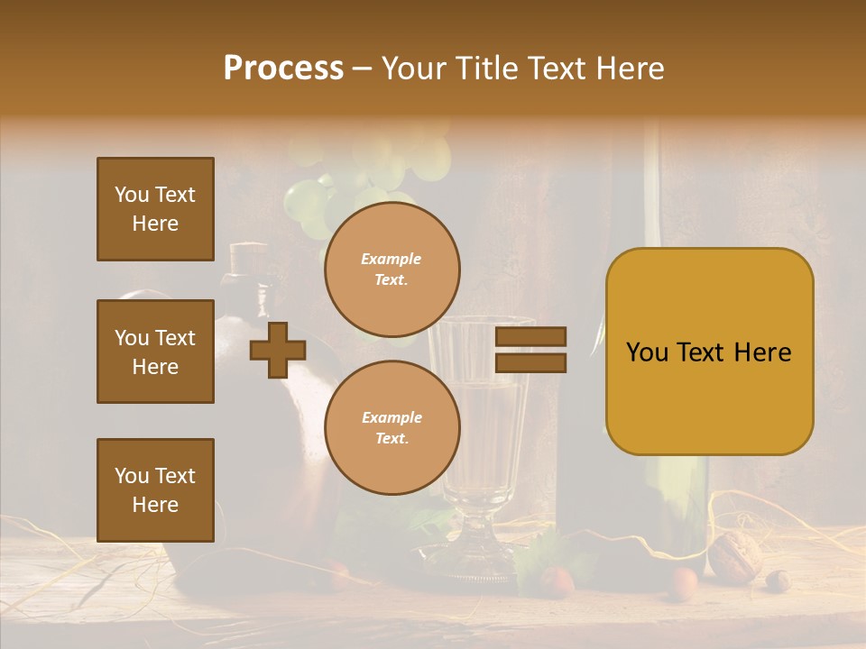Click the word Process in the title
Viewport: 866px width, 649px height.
(283, 69)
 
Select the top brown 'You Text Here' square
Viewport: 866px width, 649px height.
(155, 209)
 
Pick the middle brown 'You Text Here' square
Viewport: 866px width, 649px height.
(155, 352)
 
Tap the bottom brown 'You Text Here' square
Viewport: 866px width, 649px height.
(155, 490)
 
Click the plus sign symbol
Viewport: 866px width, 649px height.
(278, 350)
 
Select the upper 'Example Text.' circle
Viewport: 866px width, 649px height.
(392, 270)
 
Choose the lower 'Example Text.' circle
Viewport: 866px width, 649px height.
(392, 428)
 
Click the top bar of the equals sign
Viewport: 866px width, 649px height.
(531, 337)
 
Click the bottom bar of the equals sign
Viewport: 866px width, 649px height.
(531, 362)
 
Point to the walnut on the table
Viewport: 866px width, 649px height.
(734, 553)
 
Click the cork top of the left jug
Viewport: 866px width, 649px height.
(246, 256)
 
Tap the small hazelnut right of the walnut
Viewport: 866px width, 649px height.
(778, 580)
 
